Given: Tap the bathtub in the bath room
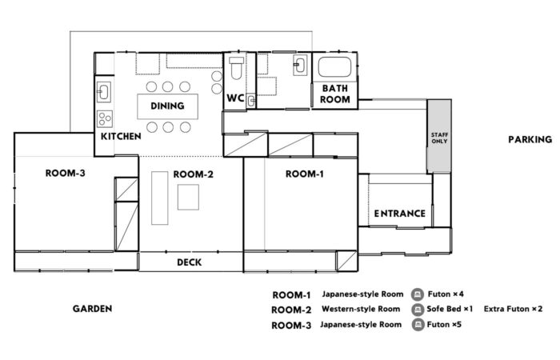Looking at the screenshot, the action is [334, 66].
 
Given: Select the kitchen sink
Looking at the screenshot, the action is [104, 92].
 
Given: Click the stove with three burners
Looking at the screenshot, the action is [105, 119].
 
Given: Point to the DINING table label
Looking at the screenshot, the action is [167, 106].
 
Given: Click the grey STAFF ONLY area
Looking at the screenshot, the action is [439, 137].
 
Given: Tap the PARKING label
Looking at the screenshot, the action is [530, 140].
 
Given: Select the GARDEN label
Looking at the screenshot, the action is [93, 309].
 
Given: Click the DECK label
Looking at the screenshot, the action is [190, 262].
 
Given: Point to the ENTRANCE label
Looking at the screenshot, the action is [400, 214].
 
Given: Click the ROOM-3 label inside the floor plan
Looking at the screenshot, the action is [66, 174].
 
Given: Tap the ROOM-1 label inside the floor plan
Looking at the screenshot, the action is [305, 174].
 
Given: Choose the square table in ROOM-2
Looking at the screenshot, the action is [188, 197].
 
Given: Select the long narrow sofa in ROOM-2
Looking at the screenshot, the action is [160, 198].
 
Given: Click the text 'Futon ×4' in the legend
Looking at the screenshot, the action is [446, 294].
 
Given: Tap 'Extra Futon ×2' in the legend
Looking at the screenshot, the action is [513, 309].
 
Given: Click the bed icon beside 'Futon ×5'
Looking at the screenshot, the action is [418, 325].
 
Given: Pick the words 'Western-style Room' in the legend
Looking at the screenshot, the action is [361, 309].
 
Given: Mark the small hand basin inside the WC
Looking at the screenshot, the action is [251, 101].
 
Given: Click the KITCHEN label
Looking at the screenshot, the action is [121, 137].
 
